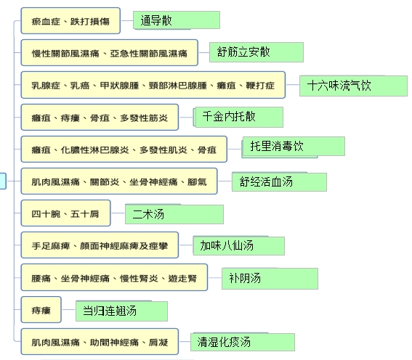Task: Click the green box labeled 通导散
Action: pyautogui.click(x=177, y=20)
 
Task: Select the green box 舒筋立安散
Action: pyautogui.click(x=257, y=52)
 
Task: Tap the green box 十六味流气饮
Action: pyautogui.click(x=353, y=86)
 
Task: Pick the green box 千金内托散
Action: pyautogui.click(x=238, y=117)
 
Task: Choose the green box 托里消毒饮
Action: pyautogui.click(x=294, y=147)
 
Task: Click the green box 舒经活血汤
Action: pyautogui.click(x=279, y=181)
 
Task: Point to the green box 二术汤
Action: pyautogui.click(x=174, y=214)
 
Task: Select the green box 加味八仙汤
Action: pyautogui.click(x=239, y=245)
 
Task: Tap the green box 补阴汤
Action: pyautogui.click(x=270, y=279)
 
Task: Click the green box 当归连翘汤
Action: pyautogui.click(x=121, y=311)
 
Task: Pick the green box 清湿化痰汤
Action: pyautogui.click(x=243, y=342)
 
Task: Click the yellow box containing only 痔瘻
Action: pyautogui.click(x=41, y=310)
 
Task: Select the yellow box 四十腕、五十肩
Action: pyautogui.click(x=65, y=213)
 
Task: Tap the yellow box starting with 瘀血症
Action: pyautogui.click(x=70, y=21)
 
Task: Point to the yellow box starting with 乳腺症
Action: pyautogui.click(x=153, y=85)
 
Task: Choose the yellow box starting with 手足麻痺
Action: pyautogui.click(x=100, y=245)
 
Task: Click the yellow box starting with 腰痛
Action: pyautogui.click(x=114, y=277)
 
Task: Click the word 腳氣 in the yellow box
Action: pyautogui.click(x=197, y=182)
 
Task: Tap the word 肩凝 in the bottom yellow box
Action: pyautogui.click(x=158, y=342)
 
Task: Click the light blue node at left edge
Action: pyautogui.click(x=3, y=181)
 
